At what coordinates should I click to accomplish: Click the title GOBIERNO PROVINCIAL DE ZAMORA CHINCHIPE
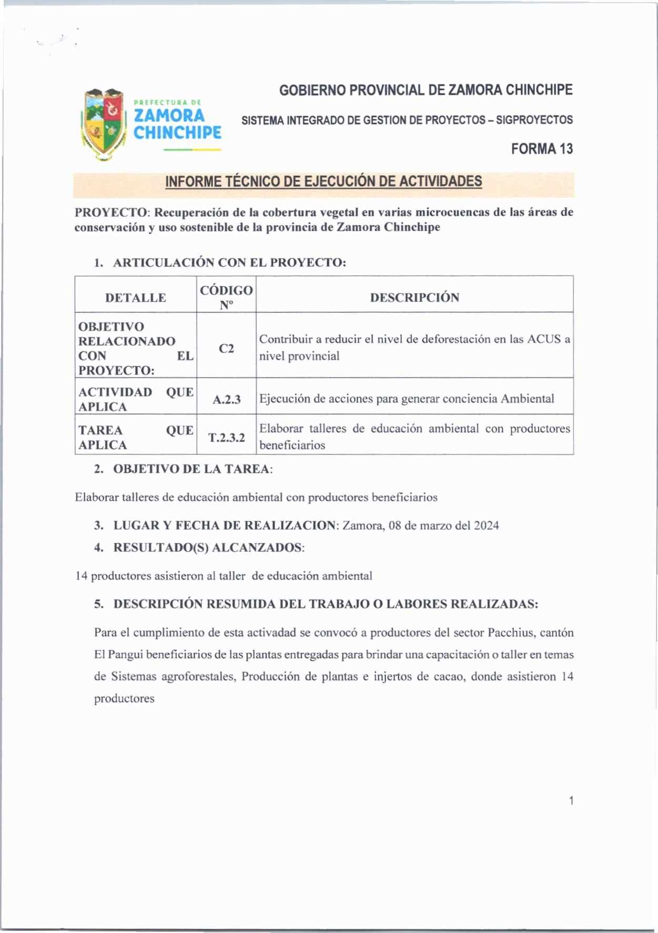[426, 90]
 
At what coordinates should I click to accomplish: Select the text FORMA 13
[542, 149]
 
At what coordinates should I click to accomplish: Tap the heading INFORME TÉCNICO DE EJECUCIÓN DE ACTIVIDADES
[323, 182]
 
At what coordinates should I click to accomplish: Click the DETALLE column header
[136, 298]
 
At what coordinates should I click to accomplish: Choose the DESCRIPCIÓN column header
[414, 298]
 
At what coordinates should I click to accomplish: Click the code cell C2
[226, 349]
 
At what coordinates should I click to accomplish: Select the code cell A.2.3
[226, 400]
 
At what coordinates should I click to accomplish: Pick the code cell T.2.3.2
[226, 438]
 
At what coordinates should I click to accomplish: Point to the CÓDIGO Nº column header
[226, 297]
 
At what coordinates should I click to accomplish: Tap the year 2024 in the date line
[486, 525]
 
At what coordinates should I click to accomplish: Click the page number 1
[571, 801]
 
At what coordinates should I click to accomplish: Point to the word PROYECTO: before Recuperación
[113, 212]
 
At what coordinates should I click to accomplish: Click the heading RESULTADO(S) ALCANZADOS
[209, 547]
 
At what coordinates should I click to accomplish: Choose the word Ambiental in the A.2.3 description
[527, 399]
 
